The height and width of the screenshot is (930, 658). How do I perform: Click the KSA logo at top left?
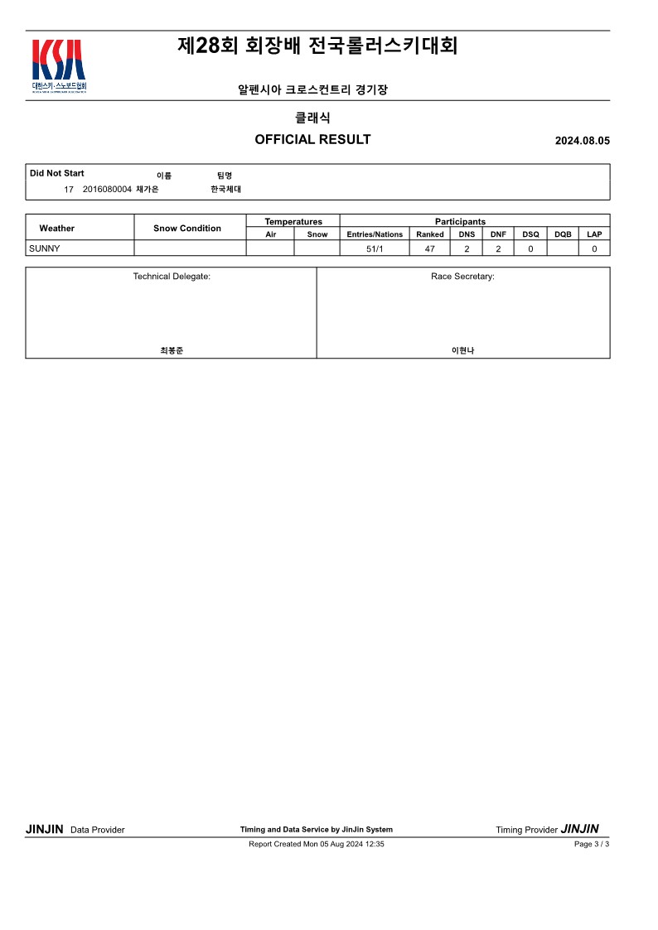pyautogui.click(x=58, y=65)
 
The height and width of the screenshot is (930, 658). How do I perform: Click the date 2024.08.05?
pyautogui.click(x=582, y=141)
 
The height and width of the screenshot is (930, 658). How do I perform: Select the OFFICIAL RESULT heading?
pyautogui.click(x=312, y=139)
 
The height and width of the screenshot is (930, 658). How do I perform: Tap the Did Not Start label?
pyautogui.click(x=56, y=173)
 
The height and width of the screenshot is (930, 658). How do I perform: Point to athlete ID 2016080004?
pyautogui.click(x=107, y=190)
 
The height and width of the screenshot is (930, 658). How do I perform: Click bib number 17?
pyautogui.click(x=69, y=190)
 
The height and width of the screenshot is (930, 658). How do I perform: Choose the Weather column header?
pyautogui.click(x=56, y=228)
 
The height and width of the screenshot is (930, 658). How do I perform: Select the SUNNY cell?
pyautogui.click(x=45, y=248)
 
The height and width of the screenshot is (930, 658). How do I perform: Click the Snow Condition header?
pyautogui.click(x=187, y=228)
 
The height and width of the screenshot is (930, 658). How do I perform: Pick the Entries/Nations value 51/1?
pyautogui.click(x=375, y=248)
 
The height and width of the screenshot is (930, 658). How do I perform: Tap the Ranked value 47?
pyautogui.click(x=430, y=248)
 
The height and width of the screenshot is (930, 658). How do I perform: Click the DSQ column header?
pyautogui.click(x=530, y=234)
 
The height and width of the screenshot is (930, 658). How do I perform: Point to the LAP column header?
pyautogui.click(x=594, y=234)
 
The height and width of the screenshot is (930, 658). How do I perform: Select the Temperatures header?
pyautogui.click(x=293, y=221)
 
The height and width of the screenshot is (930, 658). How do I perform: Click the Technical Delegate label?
pyautogui.click(x=172, y=276)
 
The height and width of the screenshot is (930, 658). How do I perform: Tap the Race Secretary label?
pyautogui.click(x=462, y=276)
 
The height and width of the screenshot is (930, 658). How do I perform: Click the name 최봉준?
pyautogui.click(x=172, y=350)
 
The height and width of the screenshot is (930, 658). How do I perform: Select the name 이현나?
pyautogui.click(x=462, y=350)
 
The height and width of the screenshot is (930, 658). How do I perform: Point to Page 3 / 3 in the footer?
pyautogui.click(x=591, y=844)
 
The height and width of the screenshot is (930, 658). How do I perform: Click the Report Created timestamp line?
pyautogui.click(x=316, y=844)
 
